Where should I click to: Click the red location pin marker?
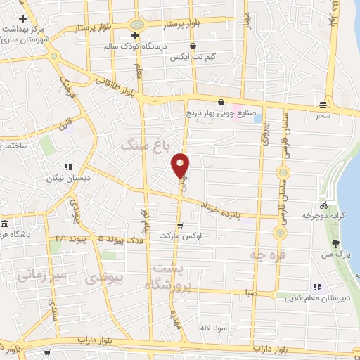tap(181, 165)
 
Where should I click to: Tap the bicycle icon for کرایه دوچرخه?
tap(323, 206)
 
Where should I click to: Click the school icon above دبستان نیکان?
tap(69, 167)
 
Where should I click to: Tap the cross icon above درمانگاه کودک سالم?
tap(135, 34)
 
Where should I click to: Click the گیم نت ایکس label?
tap(191, 58)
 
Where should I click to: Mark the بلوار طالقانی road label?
tap(108, 86)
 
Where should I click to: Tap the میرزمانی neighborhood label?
tap(44, 275)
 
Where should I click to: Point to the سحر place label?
tap(323, 115)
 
